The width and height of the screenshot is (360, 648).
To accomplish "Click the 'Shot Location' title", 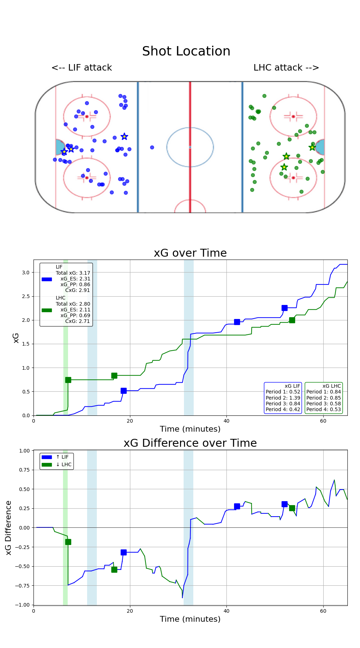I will tap(186, 51).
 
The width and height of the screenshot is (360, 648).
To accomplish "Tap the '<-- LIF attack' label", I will tap(82, 68).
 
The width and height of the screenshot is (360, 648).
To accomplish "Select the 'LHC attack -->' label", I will tap(286, 68).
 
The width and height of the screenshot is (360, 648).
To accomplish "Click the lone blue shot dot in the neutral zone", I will tap(152, 147).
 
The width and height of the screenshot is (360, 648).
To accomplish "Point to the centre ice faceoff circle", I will tap(190, 147).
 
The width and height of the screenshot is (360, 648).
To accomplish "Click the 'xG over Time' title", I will tap(190, 253).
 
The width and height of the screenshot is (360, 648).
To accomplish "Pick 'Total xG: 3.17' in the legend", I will tap(73, 273).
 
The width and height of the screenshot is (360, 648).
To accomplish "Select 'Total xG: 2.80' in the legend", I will tap(73, 304).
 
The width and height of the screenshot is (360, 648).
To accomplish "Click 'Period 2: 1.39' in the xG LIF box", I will tap(283, 398).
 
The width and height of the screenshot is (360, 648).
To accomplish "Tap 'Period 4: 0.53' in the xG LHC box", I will tap(323, 409).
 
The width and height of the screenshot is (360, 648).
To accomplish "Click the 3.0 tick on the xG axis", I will tap(26, 273).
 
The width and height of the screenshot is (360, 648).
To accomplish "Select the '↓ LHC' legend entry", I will tap(63, 464).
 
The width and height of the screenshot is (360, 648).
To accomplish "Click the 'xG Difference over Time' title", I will tap(190, 443).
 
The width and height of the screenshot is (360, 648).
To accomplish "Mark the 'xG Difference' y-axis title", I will tap(9, 527).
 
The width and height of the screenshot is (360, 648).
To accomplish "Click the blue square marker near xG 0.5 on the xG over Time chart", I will tap(123, 391).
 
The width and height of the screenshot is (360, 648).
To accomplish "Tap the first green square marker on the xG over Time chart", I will tap(68, 380).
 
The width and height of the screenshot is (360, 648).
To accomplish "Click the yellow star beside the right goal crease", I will tap(312, 147).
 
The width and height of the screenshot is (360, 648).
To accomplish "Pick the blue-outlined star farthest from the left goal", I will tap(124, 136).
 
